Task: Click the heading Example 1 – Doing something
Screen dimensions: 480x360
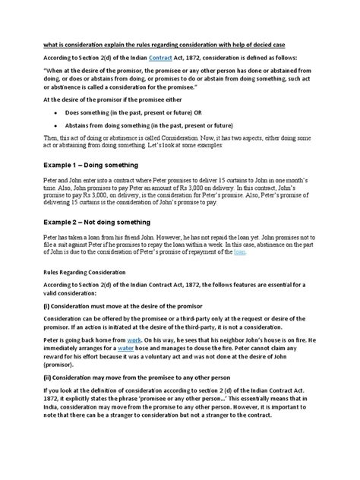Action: (x=101, y=164)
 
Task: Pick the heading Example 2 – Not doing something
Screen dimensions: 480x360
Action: (x=109, y=222)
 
